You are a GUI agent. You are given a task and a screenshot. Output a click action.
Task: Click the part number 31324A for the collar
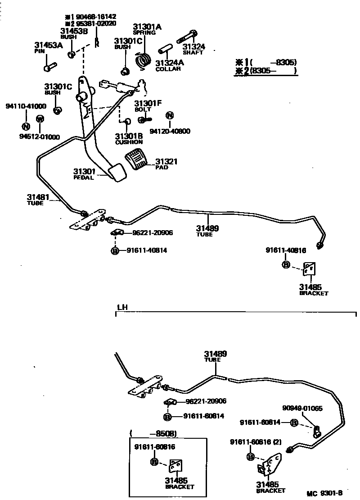[x=168, y=63]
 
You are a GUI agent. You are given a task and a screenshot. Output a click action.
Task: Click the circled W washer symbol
[x=40, y=119]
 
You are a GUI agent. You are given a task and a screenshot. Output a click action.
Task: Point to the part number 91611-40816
[x=286, y=251]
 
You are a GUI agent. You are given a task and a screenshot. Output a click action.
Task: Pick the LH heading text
[x=122, y=307]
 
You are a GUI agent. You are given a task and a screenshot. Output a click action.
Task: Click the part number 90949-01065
[x=302, y=409]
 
